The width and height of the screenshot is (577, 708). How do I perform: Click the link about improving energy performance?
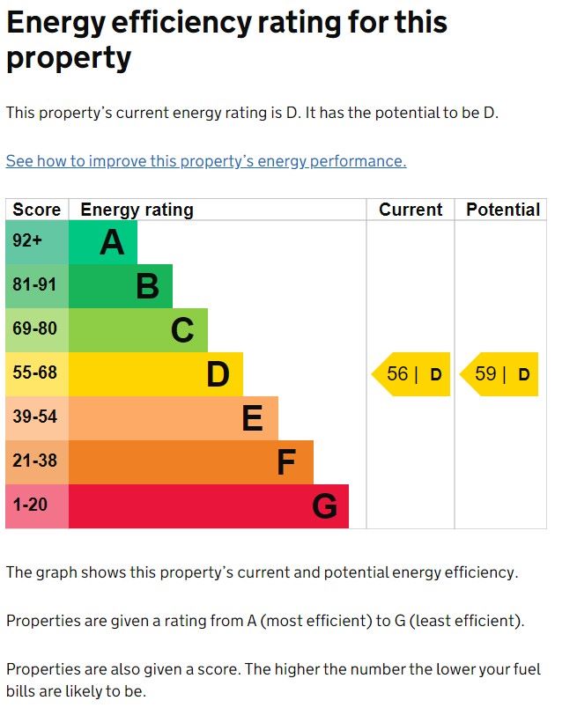(206, 161)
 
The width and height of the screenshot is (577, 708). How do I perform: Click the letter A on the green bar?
(112, 242)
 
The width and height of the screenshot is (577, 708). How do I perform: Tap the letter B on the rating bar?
(147, 286)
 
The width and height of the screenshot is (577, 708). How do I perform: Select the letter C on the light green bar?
(182, 330)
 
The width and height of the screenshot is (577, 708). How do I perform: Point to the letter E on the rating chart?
(252, 418)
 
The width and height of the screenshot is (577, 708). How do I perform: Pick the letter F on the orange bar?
(286, 462)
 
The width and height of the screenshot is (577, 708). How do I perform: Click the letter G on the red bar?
(324, 506)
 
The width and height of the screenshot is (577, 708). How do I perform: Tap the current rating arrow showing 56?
(411, 374)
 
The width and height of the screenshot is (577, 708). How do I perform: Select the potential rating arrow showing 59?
(499, 374)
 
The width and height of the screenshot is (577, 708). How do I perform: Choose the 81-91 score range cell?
(35, 285)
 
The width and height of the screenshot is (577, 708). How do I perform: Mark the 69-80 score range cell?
(35, 329)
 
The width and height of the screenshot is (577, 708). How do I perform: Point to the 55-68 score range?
(35, 373)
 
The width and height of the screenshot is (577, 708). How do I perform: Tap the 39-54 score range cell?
(35, 417)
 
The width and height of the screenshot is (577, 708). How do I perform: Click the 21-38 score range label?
(35, 461)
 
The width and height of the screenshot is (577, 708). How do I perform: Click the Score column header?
(37, 210)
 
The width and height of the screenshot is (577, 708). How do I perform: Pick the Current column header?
(411, 210)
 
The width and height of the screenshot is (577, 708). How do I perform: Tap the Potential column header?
(503, 210)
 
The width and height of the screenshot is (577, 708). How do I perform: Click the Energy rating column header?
(137, 210)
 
